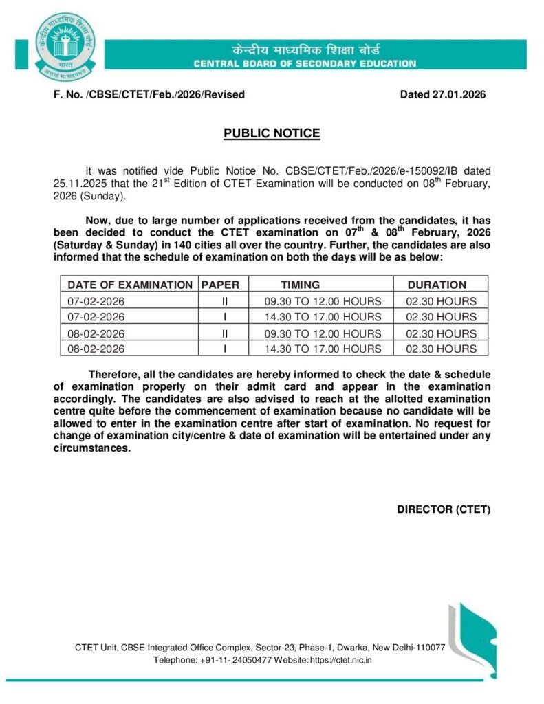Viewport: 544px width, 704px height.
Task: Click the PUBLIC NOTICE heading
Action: coord(272,133)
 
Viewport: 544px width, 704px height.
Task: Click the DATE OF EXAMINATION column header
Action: coord(130,284)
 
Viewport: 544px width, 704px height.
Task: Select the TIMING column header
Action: coord(300,284)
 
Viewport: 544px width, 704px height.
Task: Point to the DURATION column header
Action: coord(437,284)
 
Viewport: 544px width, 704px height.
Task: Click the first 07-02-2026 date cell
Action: coord(96,300)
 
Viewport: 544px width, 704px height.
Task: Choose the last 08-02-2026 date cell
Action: coord(96,349)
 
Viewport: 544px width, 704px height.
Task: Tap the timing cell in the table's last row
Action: coord(323,349)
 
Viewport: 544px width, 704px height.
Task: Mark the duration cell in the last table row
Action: coord(441,349)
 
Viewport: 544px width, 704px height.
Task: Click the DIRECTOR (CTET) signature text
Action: coord(444,509)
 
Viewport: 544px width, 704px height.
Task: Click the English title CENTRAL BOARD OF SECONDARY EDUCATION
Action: coord(305,64)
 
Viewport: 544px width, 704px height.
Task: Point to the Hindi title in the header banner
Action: coord(305,50)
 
